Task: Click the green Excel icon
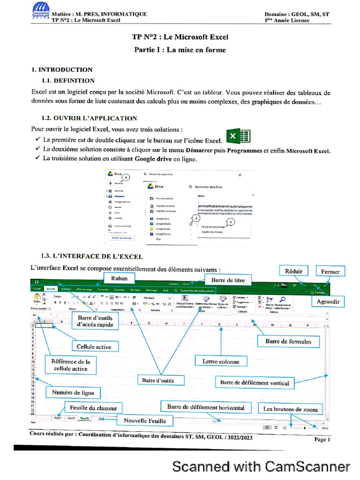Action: tap(238, 136)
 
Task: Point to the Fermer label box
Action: tap(330, 271)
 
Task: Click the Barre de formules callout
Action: tap(288, 341)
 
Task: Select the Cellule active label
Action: tap(94, 347)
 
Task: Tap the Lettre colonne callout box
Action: tap(221, 361)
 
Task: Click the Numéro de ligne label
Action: tap(73, 392)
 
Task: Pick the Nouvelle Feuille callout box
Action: tap(145, 420)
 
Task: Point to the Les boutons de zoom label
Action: tap(291, 409)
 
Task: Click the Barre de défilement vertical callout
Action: tap(255, 382)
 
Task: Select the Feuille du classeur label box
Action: tap(93, 408)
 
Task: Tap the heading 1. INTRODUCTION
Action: tap(62, 70)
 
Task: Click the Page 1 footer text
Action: tap(322, 439)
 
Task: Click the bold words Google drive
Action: tap(153, 159)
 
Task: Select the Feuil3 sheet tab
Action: tap(85, 417)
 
